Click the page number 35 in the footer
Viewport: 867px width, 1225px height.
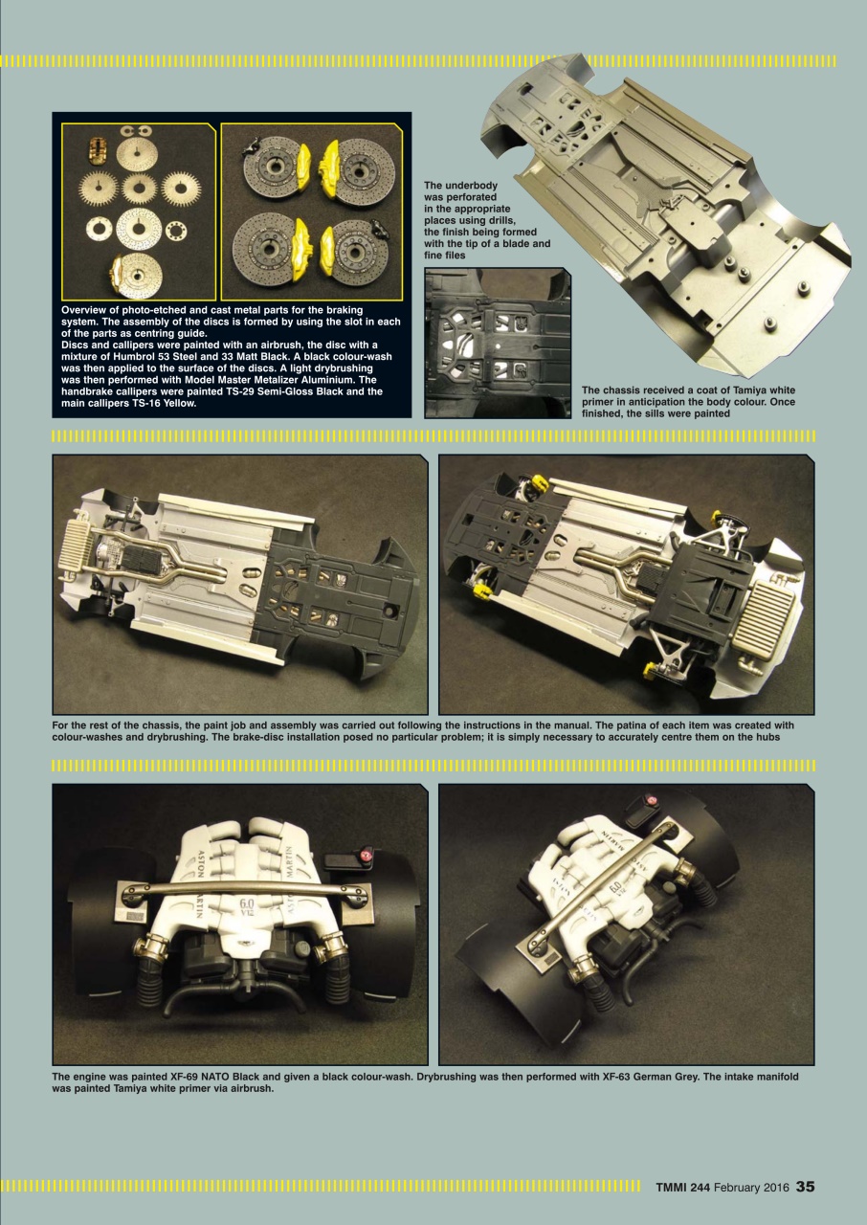click(x=805, y=1187)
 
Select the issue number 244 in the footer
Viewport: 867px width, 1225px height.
click(x=698, y=1188)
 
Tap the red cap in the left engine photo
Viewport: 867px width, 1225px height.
click(x=365, y=854)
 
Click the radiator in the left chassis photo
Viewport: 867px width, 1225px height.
click(x=75, y=558)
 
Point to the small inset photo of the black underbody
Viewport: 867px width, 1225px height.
click(x=497, y=343)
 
